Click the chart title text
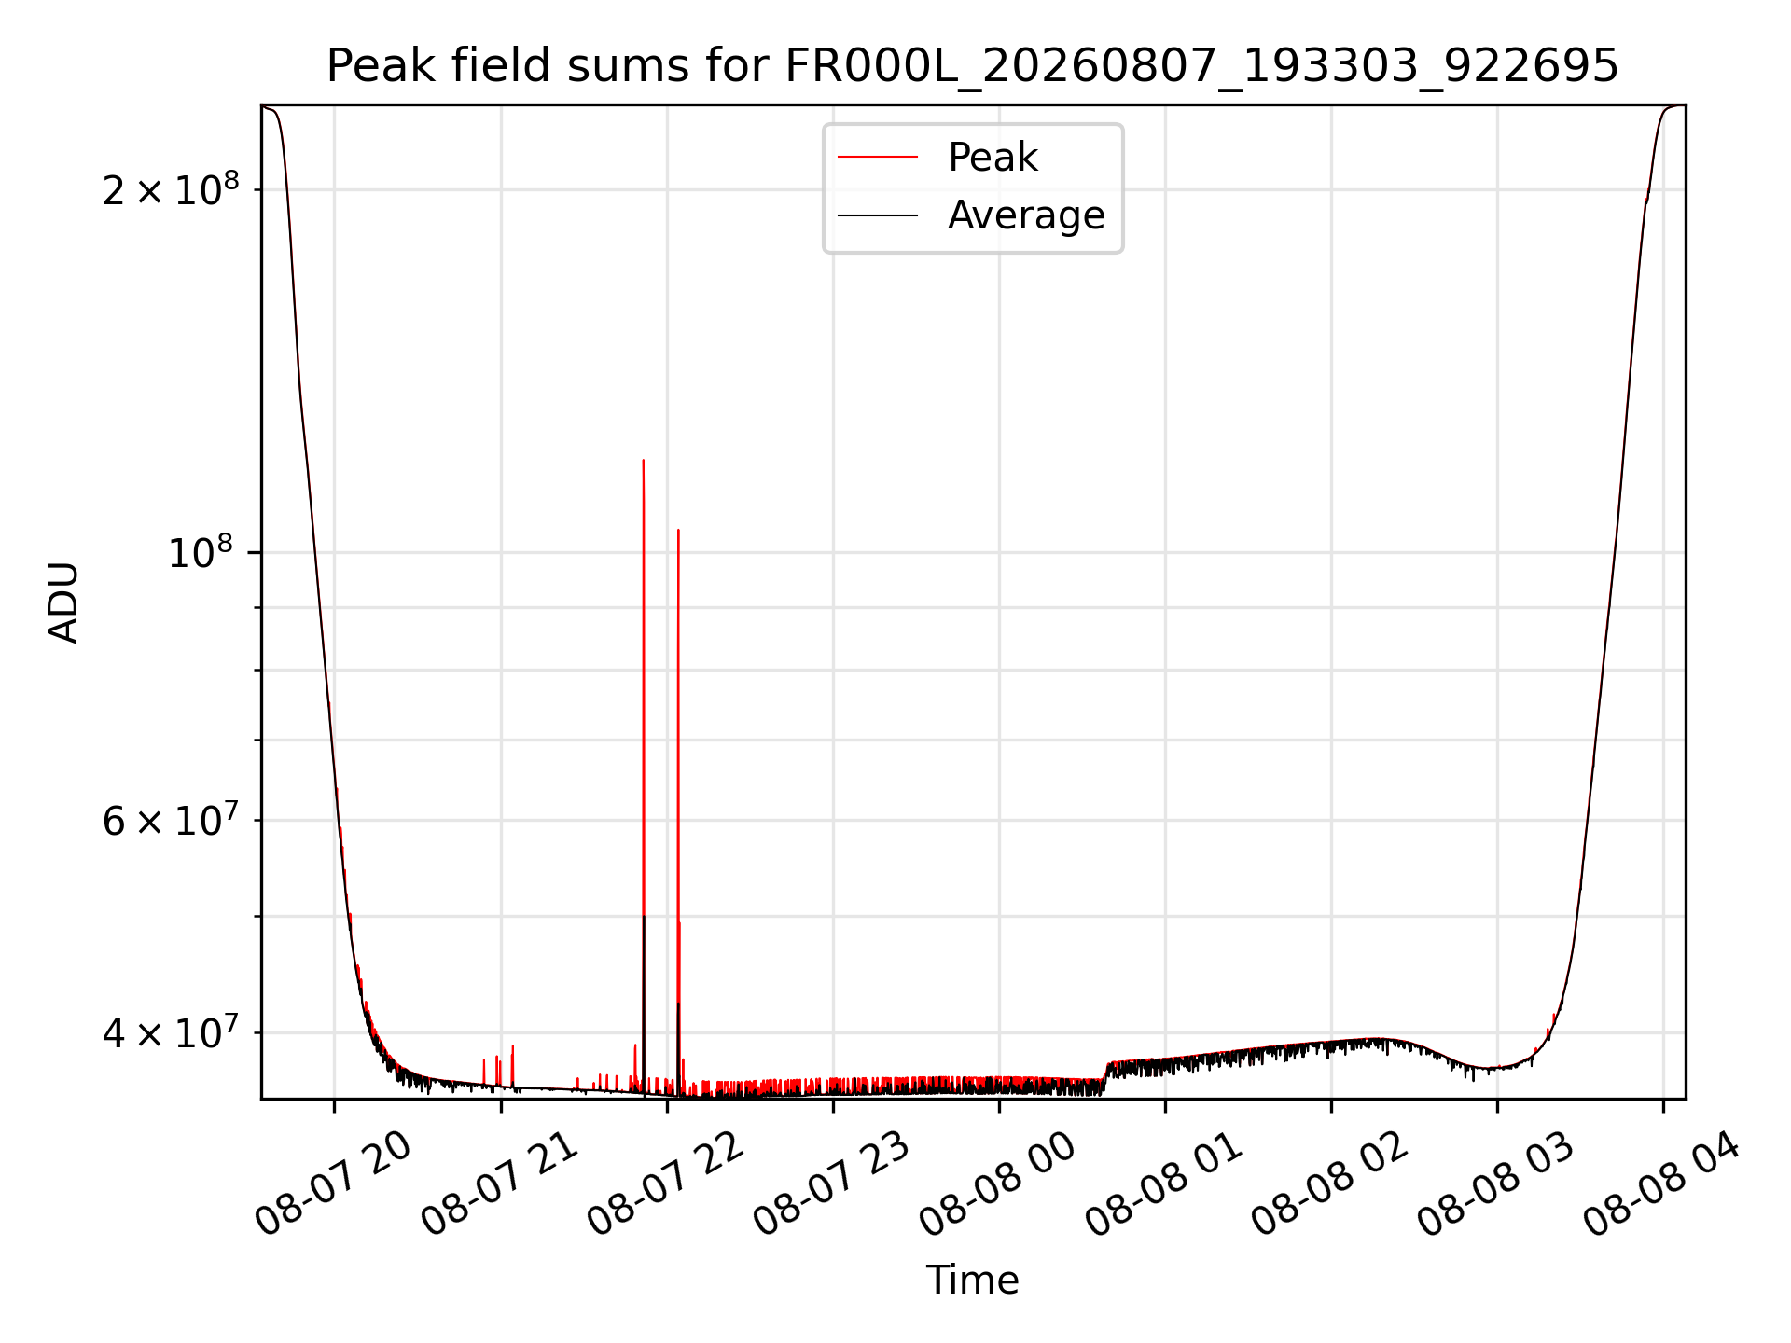[972, 66]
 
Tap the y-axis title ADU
[63, 602]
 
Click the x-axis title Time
[972, 1280]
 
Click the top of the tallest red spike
[644, 460]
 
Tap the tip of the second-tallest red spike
[678, 530]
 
